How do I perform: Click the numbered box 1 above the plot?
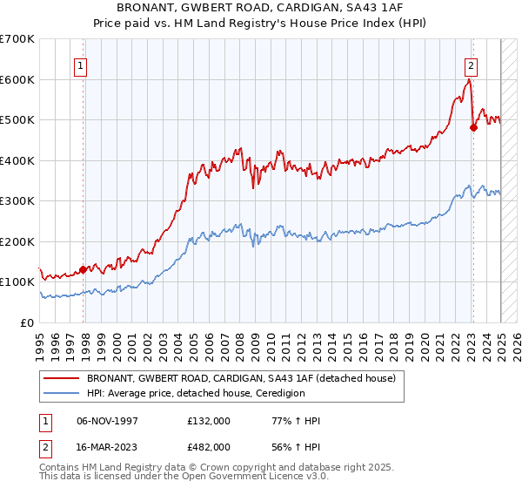pos(80,64)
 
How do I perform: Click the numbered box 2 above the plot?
pos(471,64)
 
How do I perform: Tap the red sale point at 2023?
pos(473,127)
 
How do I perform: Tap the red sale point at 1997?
pos(84,269)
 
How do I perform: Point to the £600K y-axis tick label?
pos(17,79)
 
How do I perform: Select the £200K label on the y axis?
pos(17,241)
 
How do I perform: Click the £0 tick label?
pos(26,322)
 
